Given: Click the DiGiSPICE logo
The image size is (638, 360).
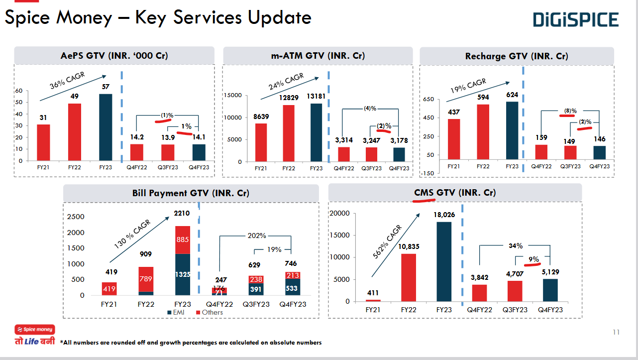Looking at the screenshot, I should pos(576,20).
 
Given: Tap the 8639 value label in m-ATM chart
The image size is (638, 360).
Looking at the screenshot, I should pos(261,117).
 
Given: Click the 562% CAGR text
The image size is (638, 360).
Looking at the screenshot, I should pos(388,242).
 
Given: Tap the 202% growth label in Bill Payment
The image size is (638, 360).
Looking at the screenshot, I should pos(257,236).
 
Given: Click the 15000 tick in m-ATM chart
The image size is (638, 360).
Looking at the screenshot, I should pos(233,95).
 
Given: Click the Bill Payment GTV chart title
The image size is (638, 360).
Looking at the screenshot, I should pos(191,193).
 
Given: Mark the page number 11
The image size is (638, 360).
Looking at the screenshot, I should pos(616,333).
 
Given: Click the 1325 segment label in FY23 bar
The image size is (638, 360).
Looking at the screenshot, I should pos(183,274).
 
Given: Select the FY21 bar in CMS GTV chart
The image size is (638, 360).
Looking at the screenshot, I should pos(373,300).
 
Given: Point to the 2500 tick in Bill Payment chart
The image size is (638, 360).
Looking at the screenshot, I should pos(76,217).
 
